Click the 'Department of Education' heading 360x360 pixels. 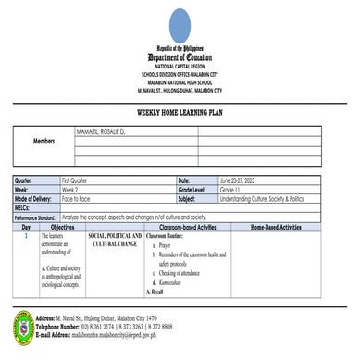pos(179,57)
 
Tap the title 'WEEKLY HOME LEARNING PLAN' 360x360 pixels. pos(179,112)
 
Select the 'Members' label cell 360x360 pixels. pos(43,142)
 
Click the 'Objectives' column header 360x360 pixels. pos(63,226)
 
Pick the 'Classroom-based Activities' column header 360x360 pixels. pos(188,226)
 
